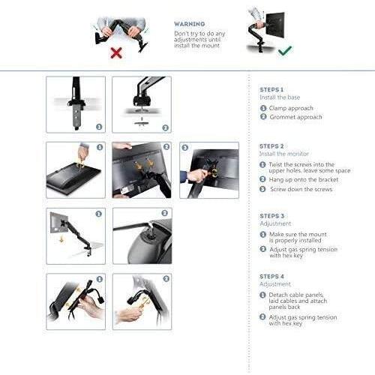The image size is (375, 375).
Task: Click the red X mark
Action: tap(116, 52)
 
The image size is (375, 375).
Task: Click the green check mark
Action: tap(285, 50)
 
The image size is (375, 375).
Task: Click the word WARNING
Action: tap(190, 24)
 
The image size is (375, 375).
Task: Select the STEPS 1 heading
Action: tap(271, 90)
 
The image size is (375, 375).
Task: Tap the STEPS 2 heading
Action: tap(271, 146)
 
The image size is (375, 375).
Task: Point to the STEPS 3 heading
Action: tap(271, 216)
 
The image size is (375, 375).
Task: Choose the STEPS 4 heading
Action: tap(271, 277)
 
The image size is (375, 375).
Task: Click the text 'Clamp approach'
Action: tap(291, 108)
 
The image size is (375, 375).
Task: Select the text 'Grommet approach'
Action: tap(295, 117)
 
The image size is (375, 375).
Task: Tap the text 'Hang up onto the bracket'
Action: tap(304, 180)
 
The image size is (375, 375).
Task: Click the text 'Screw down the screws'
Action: tap(301, 189)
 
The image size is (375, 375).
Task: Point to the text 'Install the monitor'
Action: tap(284, 154)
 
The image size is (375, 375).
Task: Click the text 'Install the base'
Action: tap(280, 97)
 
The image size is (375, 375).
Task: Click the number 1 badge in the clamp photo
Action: tap(99, 127)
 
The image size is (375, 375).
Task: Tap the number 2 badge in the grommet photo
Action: tap(165, 127)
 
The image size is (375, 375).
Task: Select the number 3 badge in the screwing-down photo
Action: tap(184, 148)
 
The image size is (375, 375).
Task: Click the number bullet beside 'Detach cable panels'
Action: tap(262, 295)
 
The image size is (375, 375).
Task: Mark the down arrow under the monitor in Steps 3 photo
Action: tap(61, 239)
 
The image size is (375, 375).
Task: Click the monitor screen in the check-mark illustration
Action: tap(275, 25)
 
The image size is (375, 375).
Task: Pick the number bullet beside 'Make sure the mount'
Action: tap(263, 235)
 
